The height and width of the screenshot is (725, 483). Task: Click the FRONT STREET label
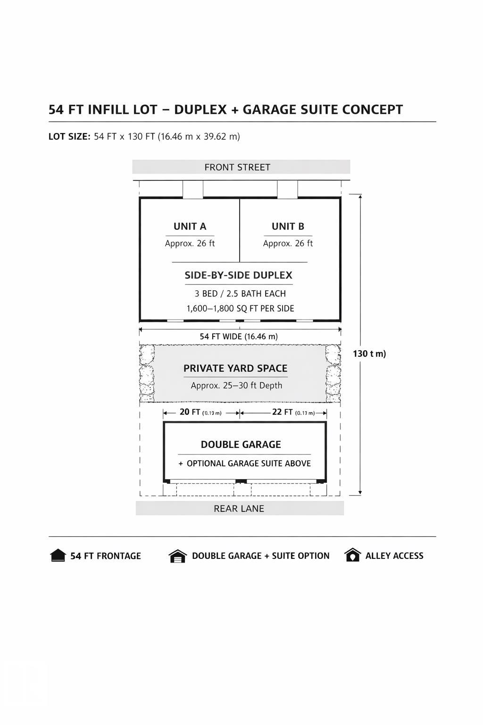pos(237,168)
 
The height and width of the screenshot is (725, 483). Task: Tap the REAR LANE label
pos(239,509)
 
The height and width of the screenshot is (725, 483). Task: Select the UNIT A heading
pos(190,227)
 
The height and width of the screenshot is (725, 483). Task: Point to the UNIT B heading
pos(288,227)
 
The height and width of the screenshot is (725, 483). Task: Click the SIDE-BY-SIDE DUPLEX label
pos(238,276)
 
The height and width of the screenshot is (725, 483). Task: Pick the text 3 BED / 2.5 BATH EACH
pos(240,294)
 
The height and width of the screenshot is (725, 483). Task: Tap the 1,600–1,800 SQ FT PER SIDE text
pos(240,309)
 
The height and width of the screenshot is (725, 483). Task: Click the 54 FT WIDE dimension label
pos(239,337)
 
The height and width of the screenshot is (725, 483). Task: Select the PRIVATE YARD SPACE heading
pos(235,369)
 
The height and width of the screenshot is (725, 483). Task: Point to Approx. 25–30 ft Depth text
pos(236,386)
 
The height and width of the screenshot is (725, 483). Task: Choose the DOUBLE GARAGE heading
pos(241,445)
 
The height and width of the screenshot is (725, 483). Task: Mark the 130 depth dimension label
pos(369,354)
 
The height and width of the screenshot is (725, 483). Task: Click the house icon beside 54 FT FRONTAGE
pos(58,556)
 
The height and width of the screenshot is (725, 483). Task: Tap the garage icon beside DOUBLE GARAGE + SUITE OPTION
pos(177,556)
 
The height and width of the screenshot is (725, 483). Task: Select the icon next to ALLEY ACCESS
pos(352,555)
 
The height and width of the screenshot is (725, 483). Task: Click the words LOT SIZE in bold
pos(69,137)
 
